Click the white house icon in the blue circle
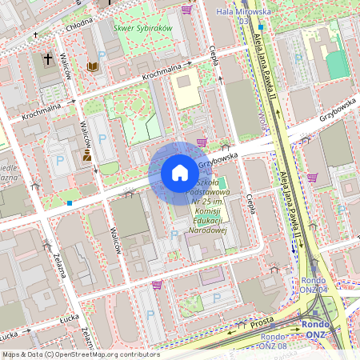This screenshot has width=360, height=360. [180, 172]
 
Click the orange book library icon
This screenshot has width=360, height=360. [93, 67]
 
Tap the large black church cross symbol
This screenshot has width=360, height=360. [48, 59]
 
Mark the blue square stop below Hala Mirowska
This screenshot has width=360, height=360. [261, 27]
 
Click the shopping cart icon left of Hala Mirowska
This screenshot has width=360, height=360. [186, 10]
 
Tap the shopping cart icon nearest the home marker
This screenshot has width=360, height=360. [202, 142]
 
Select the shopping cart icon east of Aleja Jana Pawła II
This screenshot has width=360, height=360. [312, 178]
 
